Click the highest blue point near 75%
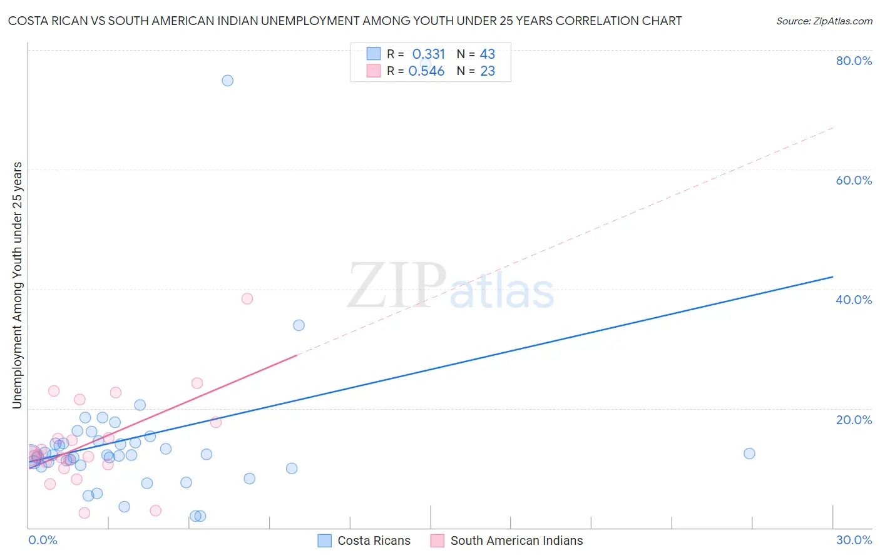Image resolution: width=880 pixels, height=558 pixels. [228, 81]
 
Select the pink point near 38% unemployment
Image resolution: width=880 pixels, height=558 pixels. [247, 299]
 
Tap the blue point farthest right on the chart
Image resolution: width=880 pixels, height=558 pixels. [749, 454]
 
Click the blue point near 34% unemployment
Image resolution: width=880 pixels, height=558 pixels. [299, 325]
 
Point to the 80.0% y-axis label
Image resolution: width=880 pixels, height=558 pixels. [854, 61]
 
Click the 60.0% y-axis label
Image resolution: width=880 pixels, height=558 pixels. [854, 180]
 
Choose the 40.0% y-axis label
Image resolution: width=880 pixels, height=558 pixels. [854, 300]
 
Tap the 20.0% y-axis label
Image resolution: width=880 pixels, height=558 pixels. [854, 420]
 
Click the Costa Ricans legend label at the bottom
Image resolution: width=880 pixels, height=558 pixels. [374, 541]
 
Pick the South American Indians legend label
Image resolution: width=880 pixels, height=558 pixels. [516, 541]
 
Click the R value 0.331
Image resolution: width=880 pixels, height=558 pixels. [428, 54]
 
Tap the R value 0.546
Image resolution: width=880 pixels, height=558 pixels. [426, 71]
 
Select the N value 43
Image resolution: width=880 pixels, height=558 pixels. [488, 54]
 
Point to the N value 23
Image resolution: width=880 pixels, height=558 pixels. [488, 71]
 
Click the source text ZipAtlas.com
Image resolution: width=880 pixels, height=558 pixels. [842, 21]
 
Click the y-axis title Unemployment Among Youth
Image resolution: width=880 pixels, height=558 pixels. [18, 285]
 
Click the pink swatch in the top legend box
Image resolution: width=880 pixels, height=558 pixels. [374, 71]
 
